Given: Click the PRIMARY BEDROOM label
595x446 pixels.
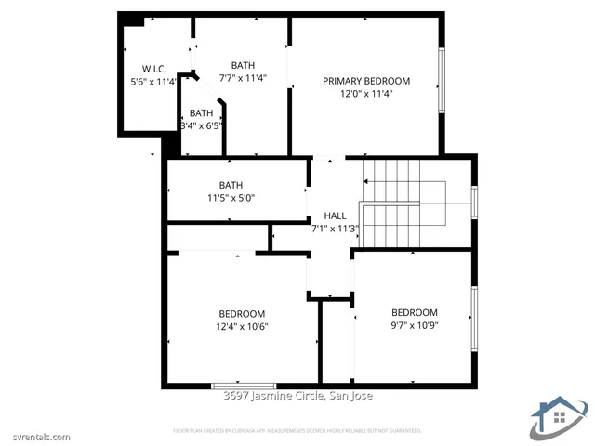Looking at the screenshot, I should tap(366, 81).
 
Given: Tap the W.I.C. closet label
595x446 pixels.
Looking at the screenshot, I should tap(153, 70).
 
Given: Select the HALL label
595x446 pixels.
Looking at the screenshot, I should tap(335, 216).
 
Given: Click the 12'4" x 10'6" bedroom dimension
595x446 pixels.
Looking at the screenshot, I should tap(242, 326).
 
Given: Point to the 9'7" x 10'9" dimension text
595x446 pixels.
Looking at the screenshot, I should tap(414, 325).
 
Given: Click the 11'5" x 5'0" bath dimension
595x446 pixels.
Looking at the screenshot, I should tap(230, 197).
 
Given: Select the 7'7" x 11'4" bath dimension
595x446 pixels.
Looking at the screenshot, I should tap(243, 78).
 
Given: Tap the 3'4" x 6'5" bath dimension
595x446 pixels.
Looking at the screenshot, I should tap(202, 125).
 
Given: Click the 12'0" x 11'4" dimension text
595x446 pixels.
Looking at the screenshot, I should tap(366, 93).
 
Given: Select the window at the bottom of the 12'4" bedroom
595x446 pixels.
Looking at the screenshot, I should tap(244, 385).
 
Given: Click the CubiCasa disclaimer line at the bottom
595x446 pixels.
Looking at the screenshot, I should tap(297, 430).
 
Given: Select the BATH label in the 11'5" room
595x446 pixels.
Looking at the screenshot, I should tap(231, 184).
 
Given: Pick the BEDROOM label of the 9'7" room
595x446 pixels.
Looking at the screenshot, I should tap(414, 312).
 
